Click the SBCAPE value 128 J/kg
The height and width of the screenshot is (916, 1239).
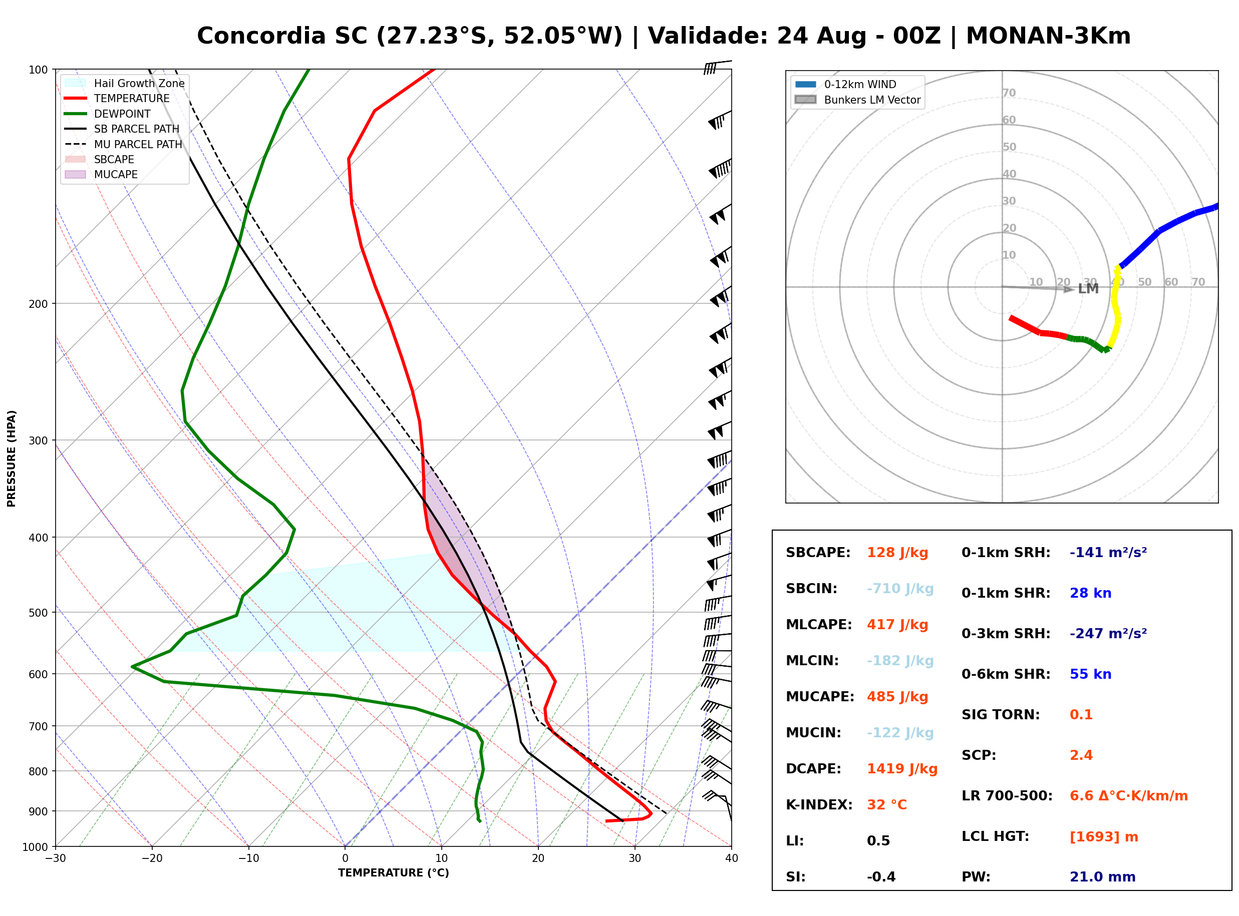897,553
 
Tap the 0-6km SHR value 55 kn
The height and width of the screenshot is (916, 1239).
1090,674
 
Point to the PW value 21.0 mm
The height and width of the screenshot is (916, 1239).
1102,877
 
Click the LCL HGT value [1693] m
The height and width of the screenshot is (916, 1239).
1104,837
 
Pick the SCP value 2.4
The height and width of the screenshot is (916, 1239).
1081,755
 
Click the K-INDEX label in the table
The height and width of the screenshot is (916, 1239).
819,805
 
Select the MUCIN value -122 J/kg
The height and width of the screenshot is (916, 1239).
900,733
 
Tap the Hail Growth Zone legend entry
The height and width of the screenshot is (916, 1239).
125,83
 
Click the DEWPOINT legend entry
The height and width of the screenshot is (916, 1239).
108,114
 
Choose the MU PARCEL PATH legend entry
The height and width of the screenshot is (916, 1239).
123,144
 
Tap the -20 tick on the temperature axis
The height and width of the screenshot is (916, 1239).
152,858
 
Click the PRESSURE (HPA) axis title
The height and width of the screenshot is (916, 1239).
12,459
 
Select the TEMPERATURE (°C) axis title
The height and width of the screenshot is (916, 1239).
393,873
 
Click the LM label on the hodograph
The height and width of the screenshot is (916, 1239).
1088,289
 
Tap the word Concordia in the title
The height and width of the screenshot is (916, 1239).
261,36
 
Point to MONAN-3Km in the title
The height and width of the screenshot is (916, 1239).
1048,36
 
